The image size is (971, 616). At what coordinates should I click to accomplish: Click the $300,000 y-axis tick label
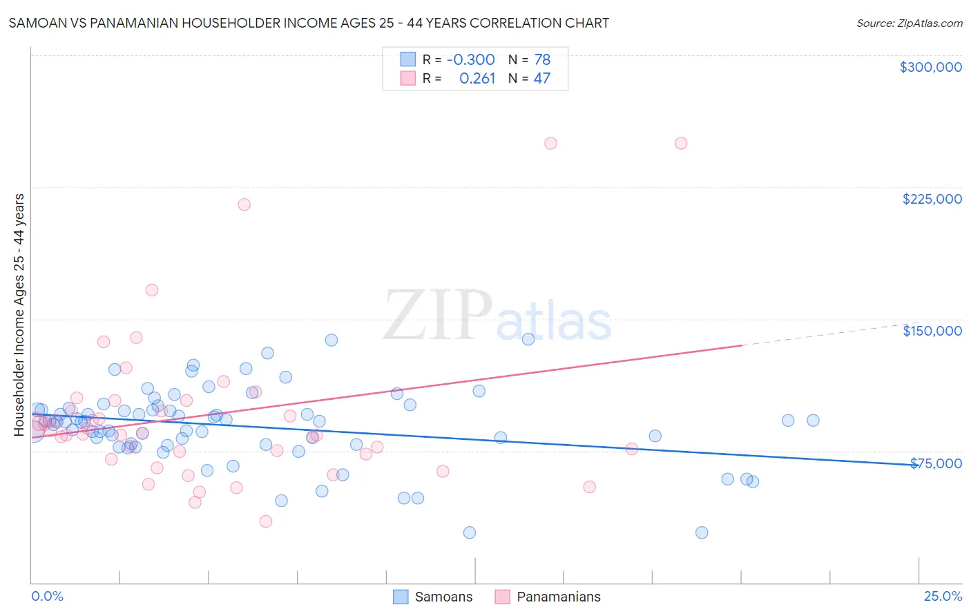click(x=930, y=67)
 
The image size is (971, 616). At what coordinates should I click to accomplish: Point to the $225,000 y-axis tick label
click(x=932, y=199)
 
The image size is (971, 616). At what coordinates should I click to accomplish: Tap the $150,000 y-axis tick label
click(x=932, y=331)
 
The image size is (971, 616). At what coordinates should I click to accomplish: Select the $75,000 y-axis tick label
click(x=936, y=463)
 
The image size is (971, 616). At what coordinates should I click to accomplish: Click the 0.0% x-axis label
click(x=47, y=596)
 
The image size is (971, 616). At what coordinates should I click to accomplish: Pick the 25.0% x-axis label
click(x=943, y=596)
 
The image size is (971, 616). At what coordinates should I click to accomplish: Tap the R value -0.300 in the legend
click(x=470, y=59)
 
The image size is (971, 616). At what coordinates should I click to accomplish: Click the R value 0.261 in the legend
click(x=477, y=78)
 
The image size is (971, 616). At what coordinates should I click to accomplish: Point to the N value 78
click(x=542, y=59)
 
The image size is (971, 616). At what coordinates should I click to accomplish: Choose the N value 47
click(x=542, y=78)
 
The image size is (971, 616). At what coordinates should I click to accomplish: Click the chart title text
click(x=309, y=23)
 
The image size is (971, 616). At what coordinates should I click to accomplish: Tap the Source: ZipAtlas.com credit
click(x=909, y=23)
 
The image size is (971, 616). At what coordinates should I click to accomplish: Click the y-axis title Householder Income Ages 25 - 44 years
click(x=19, y=315)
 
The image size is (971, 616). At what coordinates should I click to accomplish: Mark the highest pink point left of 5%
click(x=152, y=290)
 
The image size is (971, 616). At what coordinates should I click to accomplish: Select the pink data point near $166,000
click(x=152, y=290)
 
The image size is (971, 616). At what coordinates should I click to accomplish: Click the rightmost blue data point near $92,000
click(x=813, y=421)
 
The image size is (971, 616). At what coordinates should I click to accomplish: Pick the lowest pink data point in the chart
click(x=266, y=521)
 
